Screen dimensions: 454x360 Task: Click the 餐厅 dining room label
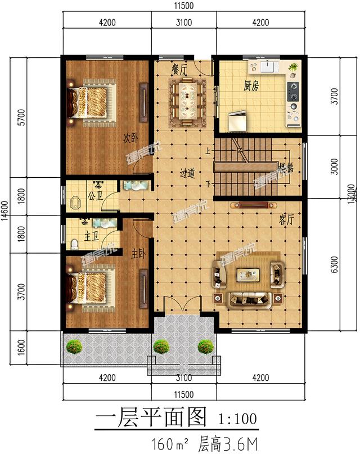[x=179, y=68]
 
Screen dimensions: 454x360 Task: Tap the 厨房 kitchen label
[x=251, y=86]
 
